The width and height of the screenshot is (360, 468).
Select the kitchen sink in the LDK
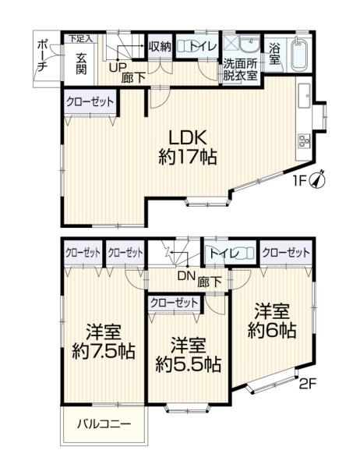click(304, 95)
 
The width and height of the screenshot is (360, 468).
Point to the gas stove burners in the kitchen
click(304, 141)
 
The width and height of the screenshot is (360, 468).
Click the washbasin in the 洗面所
click(250, 44)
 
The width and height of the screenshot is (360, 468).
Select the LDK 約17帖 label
click(188, 147)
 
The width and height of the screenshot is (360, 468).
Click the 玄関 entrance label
click(81, 63)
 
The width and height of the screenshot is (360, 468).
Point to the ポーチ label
click(42, 57)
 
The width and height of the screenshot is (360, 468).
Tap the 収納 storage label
click(160, 47)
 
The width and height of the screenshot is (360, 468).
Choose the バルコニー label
click(104, 424)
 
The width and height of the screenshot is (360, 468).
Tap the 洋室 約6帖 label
click(272, 321)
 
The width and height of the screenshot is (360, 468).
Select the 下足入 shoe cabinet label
click(79, 38)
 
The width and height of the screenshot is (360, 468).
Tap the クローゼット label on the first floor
click(90, 102)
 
